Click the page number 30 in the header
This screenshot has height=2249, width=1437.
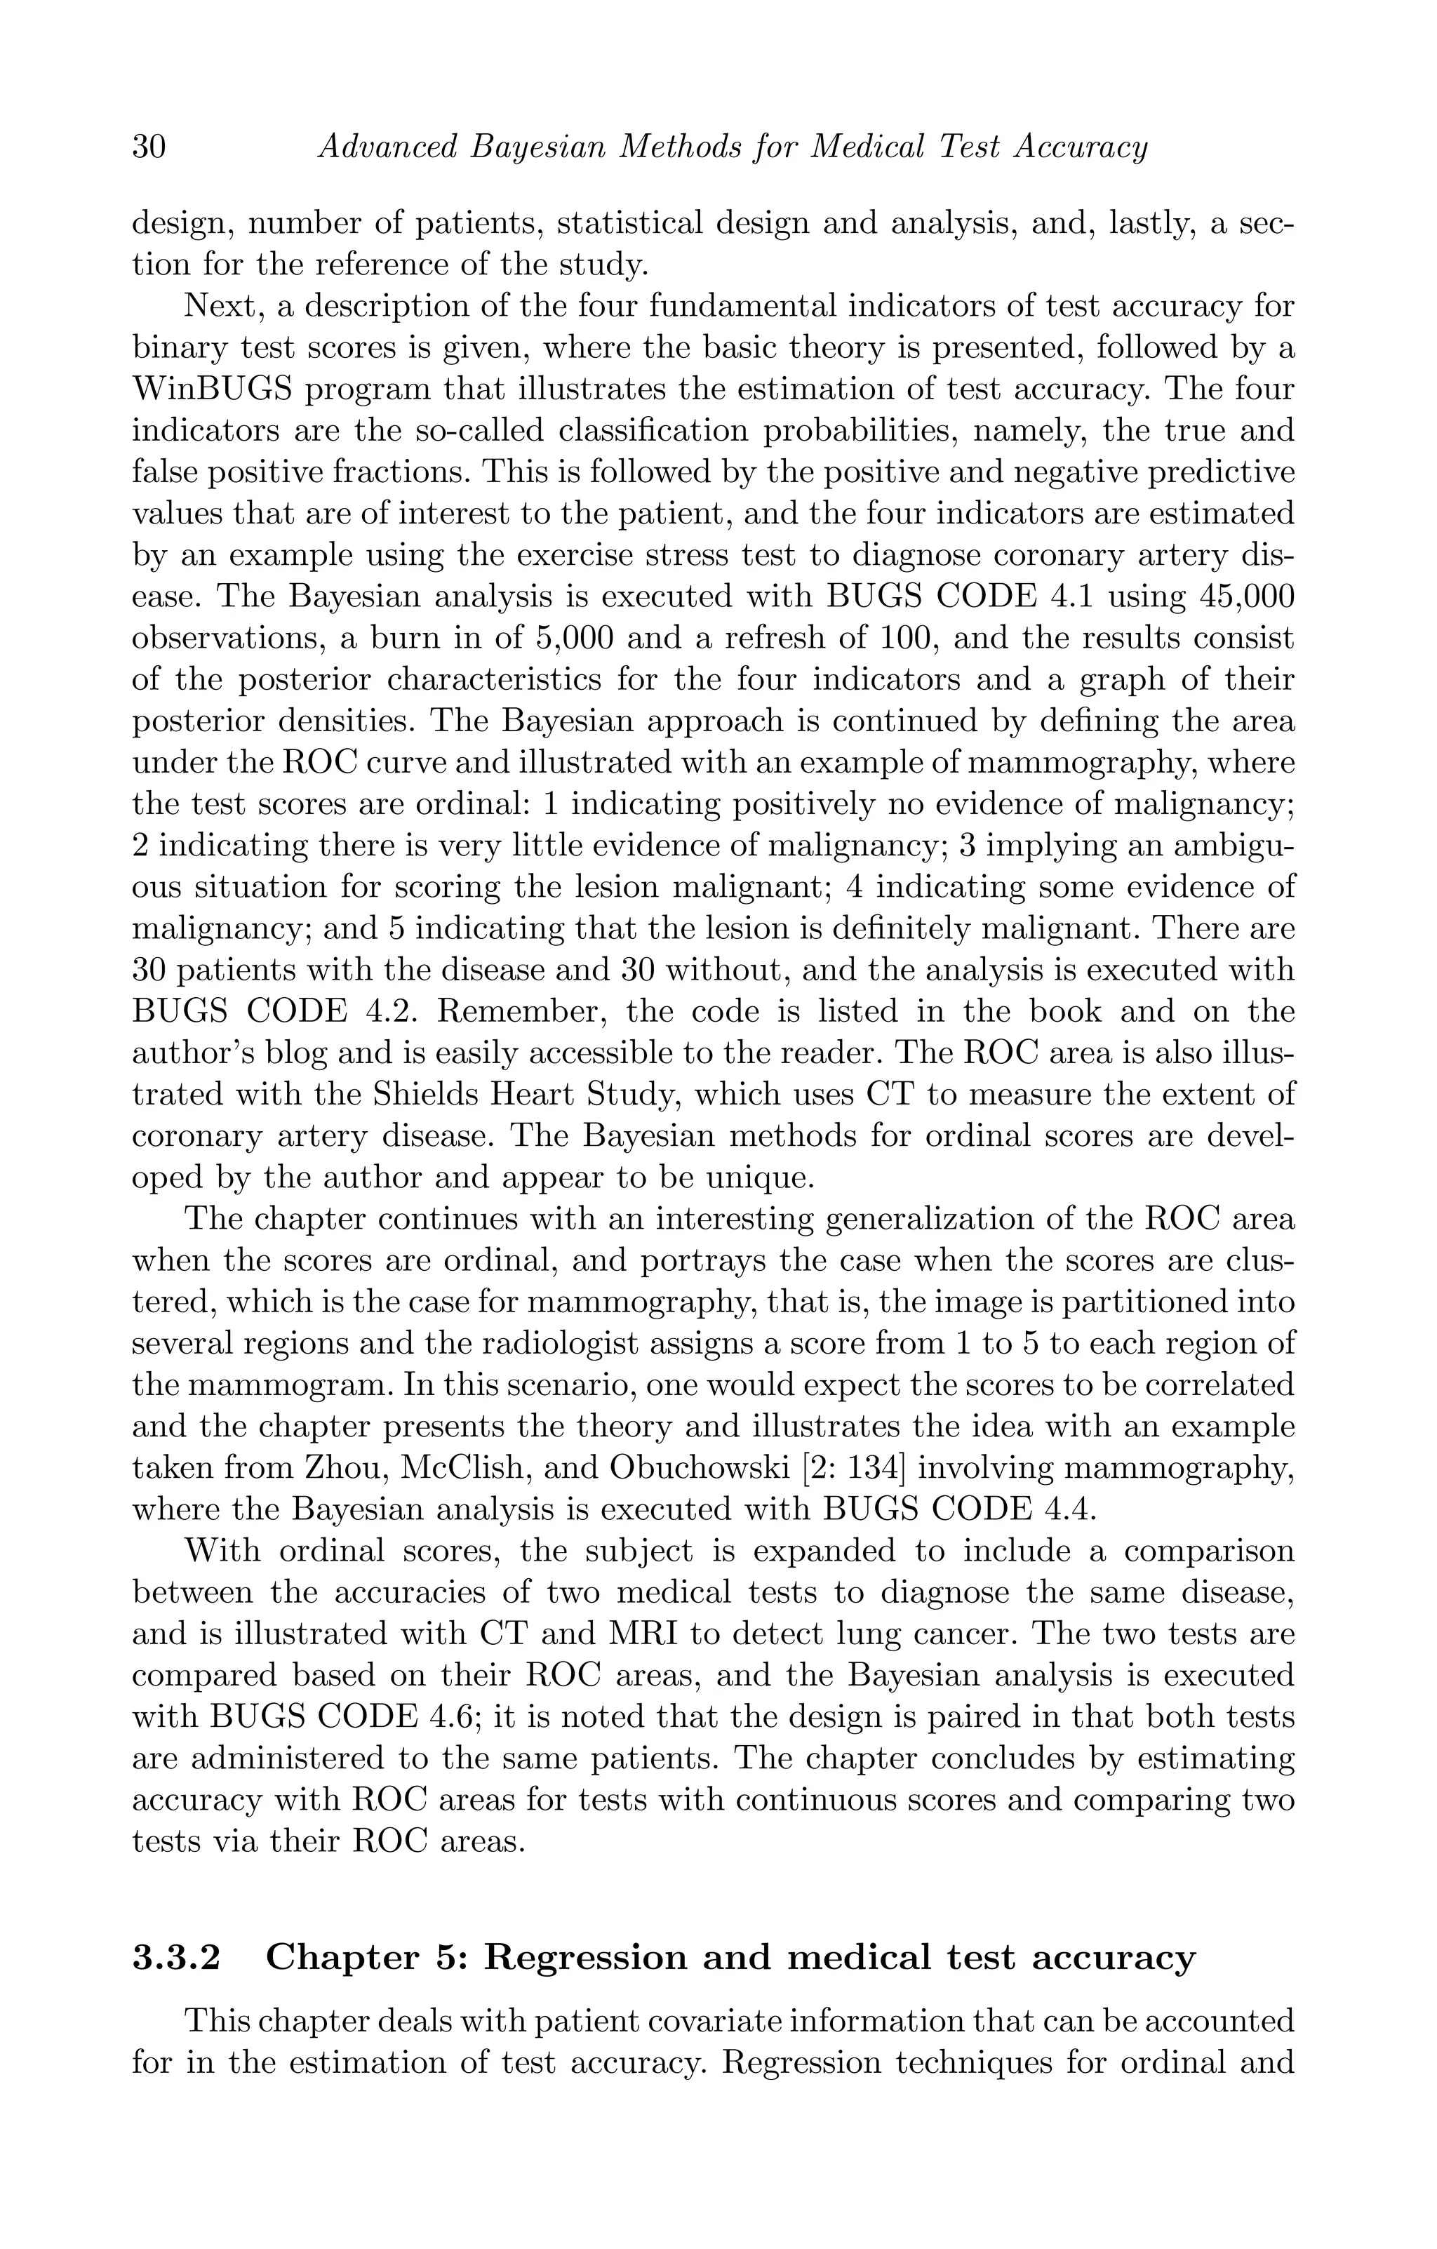(149, 147)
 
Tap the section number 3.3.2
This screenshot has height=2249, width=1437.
(177, 1956)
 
